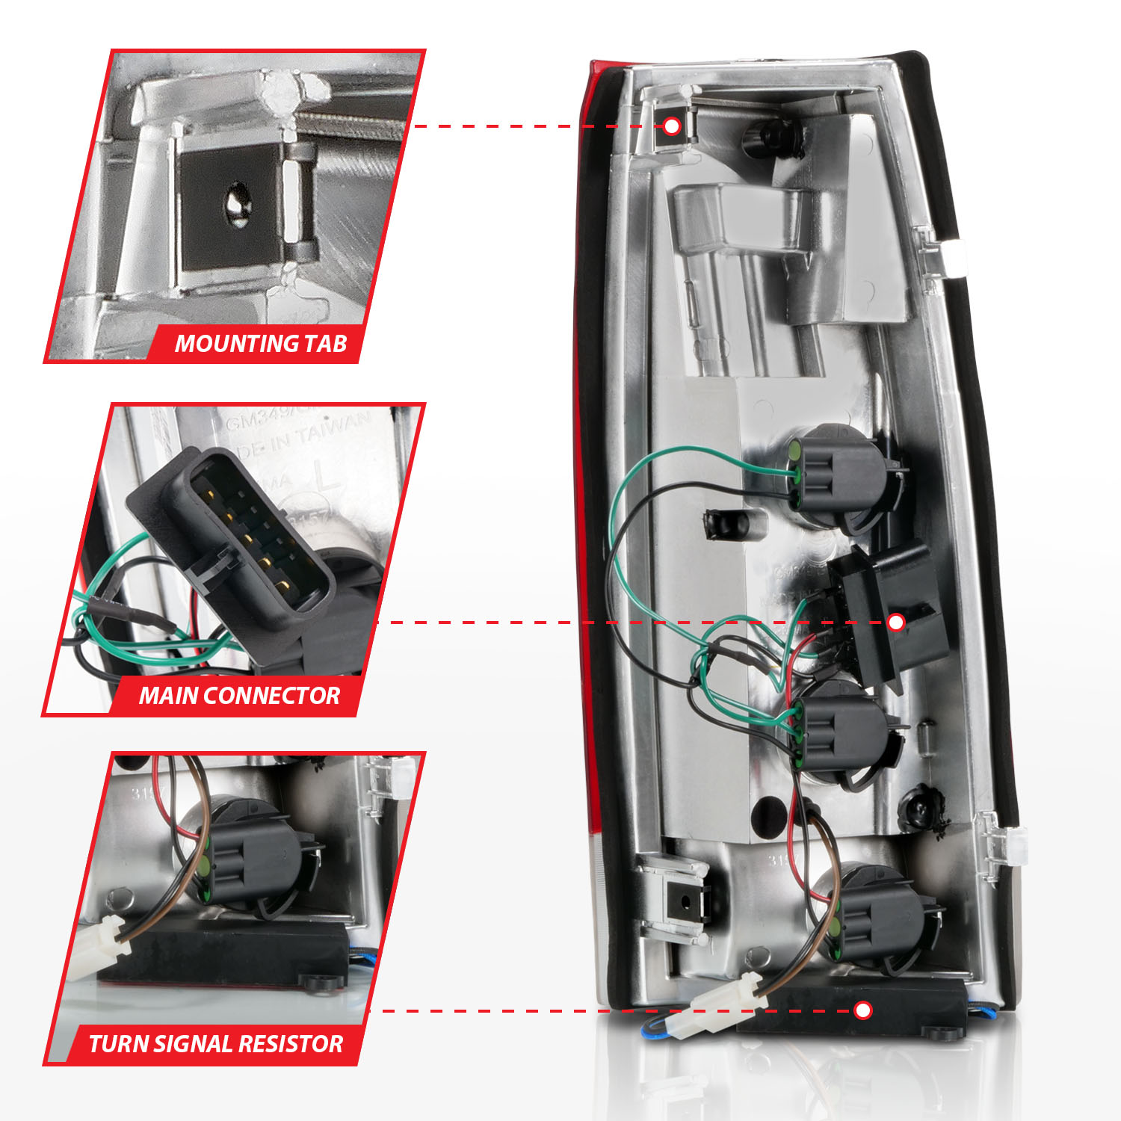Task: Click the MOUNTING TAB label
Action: pos(261,344)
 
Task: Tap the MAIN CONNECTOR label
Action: pos(239,696)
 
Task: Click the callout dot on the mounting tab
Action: pos(672,126)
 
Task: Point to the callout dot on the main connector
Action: pos(896,622)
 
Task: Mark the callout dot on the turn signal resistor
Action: pos(863,1010)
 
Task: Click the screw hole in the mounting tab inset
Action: pos(238,203)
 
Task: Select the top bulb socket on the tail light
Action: pos(837,478)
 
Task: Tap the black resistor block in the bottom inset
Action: pos(224,953)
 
